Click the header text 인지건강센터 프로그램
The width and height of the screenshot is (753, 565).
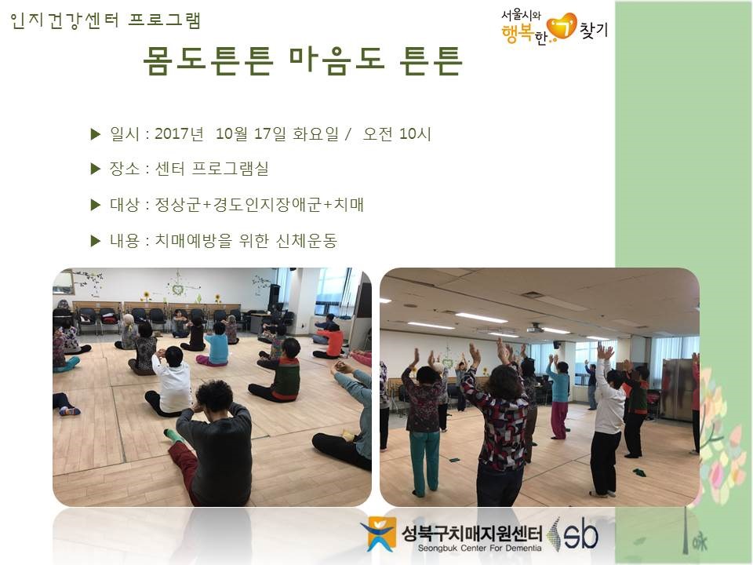[x=105, y=20]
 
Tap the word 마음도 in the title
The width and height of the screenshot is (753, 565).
[x=337, y=60]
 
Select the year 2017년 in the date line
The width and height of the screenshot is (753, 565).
[x=179, y=133]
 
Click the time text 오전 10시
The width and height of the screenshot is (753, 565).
[x=397, y=133]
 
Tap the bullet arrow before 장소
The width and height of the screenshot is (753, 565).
[x=96, y=169]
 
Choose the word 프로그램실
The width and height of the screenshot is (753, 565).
[x=230, y=169]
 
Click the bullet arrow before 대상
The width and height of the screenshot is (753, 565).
[x=96, y=205]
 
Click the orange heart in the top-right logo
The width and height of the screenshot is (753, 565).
[x=562, y=26]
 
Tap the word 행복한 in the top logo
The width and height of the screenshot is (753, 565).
[x=524, y=35]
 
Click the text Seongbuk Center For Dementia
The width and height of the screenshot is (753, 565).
[x=479, y=549]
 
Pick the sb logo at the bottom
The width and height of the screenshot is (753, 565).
[x=577, y=534]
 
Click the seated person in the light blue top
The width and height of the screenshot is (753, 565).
[x=215, y=345]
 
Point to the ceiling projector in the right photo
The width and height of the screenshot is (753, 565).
[x=534, y=329]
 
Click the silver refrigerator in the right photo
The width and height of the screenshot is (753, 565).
[x=678, y=390]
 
